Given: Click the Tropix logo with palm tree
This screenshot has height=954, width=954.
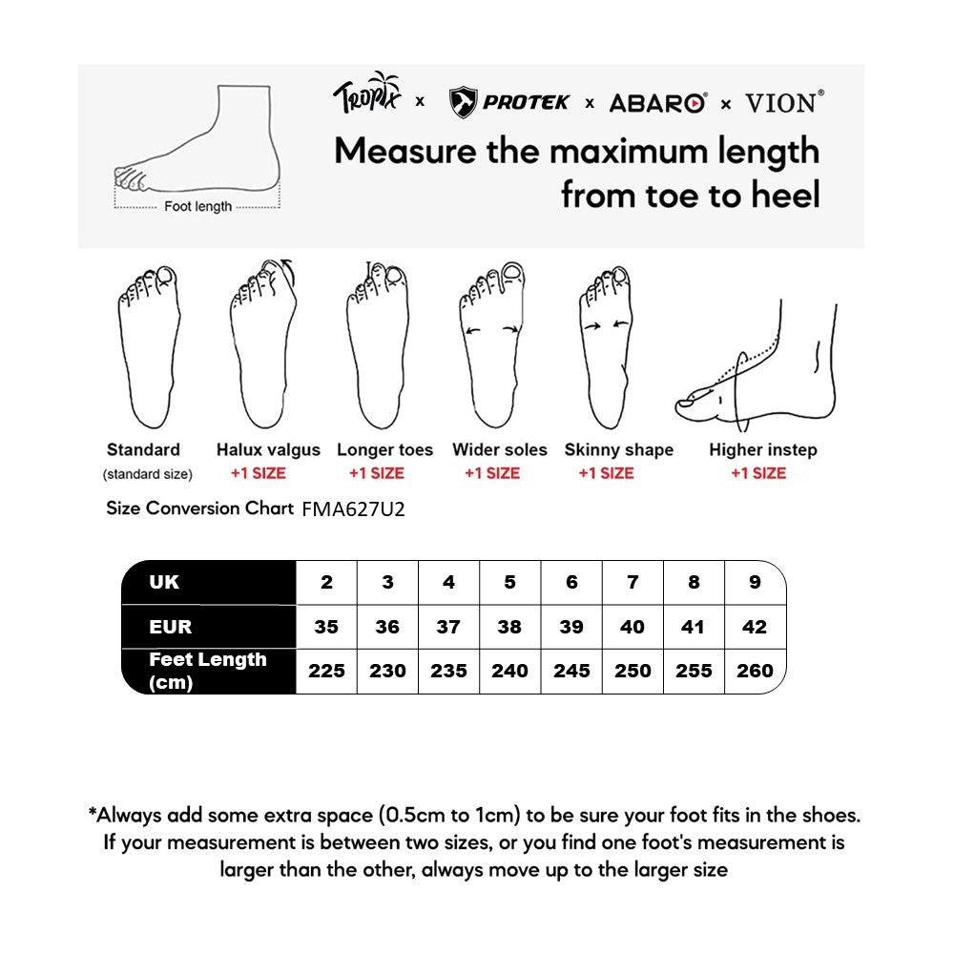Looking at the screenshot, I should (x=367, y=95).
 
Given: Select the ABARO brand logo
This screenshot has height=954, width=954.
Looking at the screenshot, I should (x=658, y=103).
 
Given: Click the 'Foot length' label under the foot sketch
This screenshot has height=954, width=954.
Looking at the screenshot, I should (x=197, y=206).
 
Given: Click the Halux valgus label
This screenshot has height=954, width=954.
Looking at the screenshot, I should (x=268, y=449).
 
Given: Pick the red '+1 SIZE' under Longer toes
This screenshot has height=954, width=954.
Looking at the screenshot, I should (x=376, y=473).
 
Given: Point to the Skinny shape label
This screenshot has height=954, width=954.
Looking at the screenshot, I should (x=618, y=449).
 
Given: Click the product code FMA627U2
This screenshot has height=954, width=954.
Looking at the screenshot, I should (x=353, y=509).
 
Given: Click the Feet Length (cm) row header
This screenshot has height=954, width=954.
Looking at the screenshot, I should (x=207, y=671).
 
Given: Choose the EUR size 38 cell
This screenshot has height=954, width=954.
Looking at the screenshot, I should (x=509, y=627).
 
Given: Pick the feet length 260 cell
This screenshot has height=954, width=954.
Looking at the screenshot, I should (x=755, y=671).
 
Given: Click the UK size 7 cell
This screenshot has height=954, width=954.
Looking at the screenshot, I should (x=633, y=582).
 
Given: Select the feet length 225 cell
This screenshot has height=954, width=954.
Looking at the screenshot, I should (x=326, y=671).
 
